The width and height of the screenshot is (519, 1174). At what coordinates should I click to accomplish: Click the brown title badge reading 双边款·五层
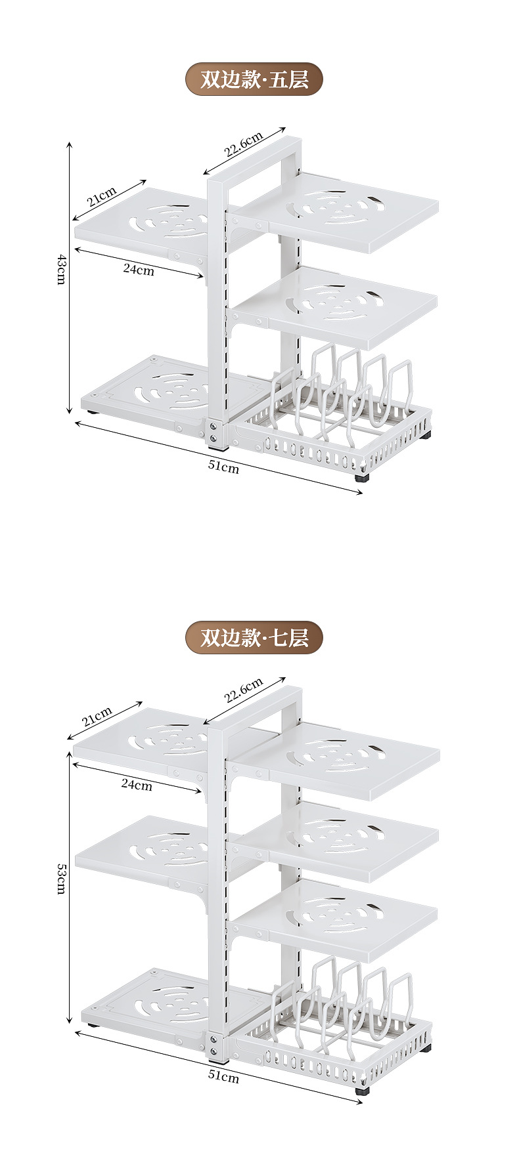tap(254, 80)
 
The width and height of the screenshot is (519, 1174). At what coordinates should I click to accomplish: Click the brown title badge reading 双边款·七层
tap(254, 637)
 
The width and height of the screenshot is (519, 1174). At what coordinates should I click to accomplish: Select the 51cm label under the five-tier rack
tap(223, 467)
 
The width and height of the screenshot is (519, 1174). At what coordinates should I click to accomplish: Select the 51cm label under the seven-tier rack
tap(223, 1076)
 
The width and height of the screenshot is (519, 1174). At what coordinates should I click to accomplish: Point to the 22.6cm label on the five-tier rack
tap(243, 144)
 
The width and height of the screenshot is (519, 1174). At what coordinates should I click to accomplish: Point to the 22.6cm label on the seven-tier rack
tap(243, 690)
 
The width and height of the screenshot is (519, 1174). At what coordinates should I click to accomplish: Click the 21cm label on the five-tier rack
tap(102, 196)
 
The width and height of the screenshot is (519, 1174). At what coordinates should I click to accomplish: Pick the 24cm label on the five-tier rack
tap(139, 269)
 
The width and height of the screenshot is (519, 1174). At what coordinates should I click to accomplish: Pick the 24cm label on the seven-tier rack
tap(137, 785)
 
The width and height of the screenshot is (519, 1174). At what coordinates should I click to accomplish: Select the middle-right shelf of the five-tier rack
tap(348, 305)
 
